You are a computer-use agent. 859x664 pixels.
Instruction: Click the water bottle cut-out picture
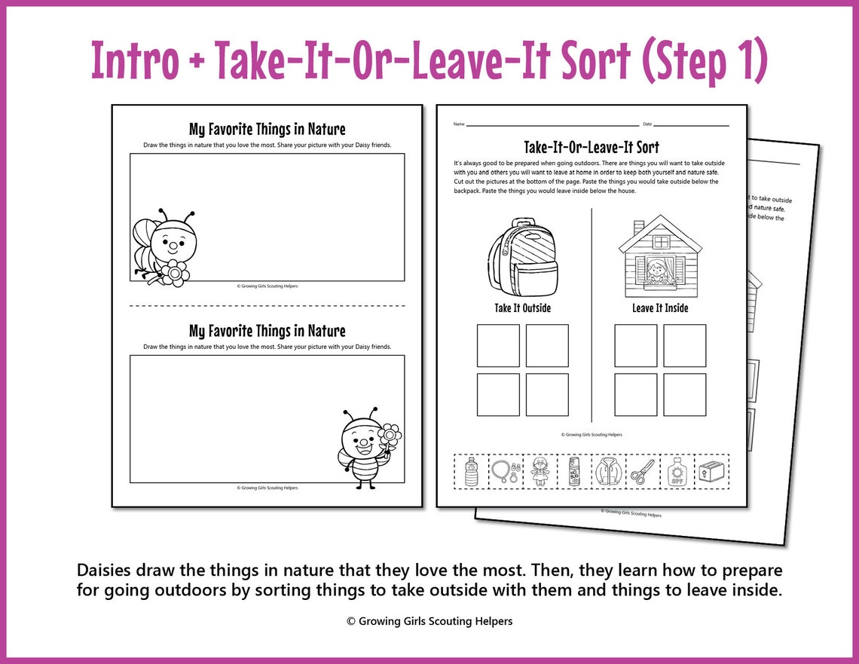tap(471, 473)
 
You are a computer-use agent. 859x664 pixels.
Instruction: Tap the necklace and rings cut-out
tap(506, 473)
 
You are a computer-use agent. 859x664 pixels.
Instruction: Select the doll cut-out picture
tap(540, 473)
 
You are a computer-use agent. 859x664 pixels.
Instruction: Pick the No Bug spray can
tap(574, 473)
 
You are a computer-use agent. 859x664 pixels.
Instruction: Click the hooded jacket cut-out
tap(608, 473)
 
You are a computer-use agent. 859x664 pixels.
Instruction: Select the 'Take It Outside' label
tap(522, 308)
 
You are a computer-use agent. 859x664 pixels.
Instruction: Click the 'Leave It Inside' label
tap(660, 308)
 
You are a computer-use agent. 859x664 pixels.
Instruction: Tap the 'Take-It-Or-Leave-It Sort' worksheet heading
tap(592, 147)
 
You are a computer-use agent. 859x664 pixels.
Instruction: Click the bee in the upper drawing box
tap(166, 248)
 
